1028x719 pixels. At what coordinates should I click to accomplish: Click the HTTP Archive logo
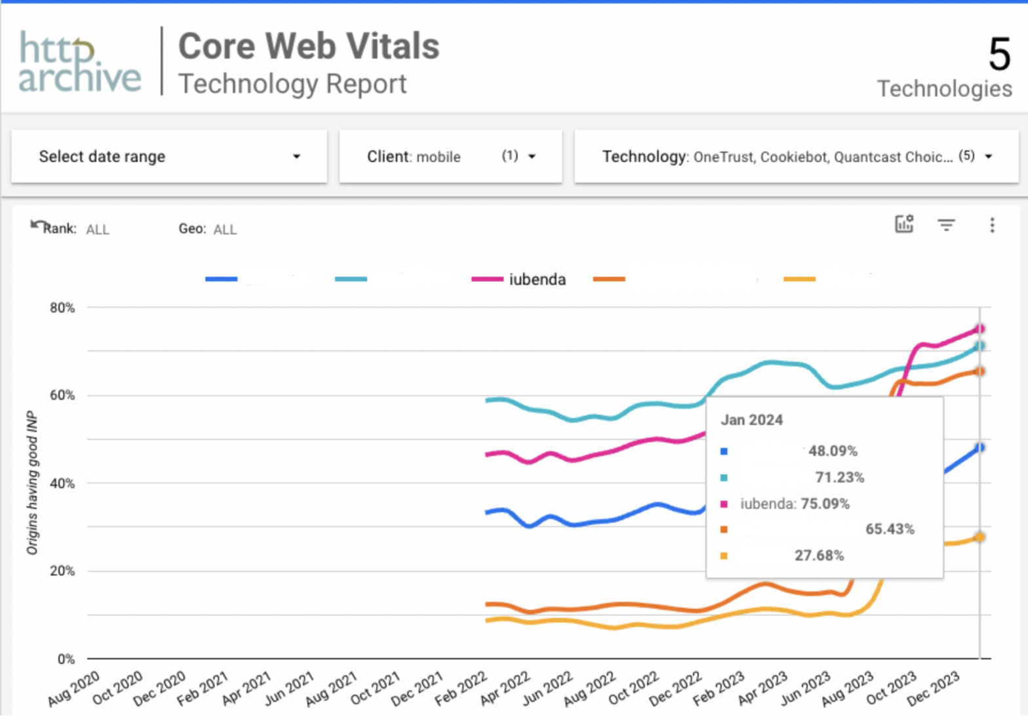coord(79,62)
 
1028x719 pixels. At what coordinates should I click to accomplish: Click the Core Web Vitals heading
coord(309,47)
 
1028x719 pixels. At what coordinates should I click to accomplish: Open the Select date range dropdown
coord(168,157)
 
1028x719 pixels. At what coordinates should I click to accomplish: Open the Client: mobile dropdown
coord(450,157)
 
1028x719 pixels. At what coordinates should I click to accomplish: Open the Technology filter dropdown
coord(796,157)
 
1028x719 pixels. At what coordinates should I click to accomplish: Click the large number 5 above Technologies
coord(999,54)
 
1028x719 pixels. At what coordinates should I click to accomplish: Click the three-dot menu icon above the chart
coord(992,225)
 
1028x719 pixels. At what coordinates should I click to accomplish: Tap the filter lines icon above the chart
coord(945,225)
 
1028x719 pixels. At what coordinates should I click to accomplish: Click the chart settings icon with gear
coord(904,224)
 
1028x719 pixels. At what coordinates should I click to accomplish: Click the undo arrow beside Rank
coord(37,225)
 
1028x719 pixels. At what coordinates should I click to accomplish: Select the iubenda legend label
coord(537,279)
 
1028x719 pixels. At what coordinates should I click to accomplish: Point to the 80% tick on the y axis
coord(62,308)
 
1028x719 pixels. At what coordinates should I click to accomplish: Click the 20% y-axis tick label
coord(62,571)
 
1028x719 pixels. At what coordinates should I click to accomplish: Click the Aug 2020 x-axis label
coord(74,688)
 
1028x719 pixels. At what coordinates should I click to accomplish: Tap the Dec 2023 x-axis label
coord(934,688)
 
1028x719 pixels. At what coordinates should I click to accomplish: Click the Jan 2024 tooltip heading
coord(751,420)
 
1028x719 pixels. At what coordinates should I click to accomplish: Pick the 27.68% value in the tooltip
coord(819,556)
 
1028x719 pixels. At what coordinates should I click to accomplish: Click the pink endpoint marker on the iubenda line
coord(979,329)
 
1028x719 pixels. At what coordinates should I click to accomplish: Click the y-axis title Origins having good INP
coord(31,482)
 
